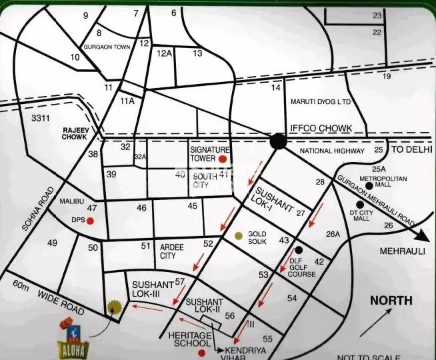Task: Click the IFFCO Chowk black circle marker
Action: tap(279, 141)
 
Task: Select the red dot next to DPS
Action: tap(90, 221)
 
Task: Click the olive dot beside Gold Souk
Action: tap(239, 236)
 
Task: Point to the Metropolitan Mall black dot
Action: tap(369, 187)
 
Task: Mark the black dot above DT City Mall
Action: tap(360, 205)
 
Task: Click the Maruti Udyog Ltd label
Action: tap(320, 102)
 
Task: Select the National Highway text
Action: tap(333, 152)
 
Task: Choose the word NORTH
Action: tap(391, 301)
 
